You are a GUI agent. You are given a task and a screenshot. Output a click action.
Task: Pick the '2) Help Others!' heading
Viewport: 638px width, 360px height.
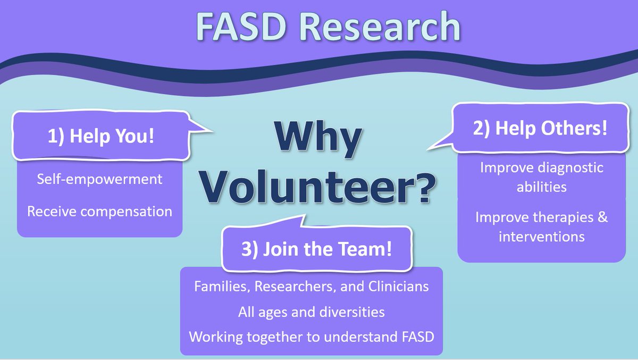(x=540, y=129)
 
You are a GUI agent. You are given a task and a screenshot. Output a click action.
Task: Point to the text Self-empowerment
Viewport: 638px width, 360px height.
(x=100, y=179)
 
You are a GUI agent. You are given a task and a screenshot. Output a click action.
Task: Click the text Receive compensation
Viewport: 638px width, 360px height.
(x=100, y=211)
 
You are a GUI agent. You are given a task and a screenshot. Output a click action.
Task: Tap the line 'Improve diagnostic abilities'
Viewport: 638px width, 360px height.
(x=541, y=177)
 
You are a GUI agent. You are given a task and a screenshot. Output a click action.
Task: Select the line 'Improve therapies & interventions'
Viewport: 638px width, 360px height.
(x=541, y=227)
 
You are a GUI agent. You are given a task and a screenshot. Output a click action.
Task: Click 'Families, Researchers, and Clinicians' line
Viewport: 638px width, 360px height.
(x=311, y=286)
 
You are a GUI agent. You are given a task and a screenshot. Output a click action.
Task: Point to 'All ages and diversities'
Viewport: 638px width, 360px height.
(x=311, y=312)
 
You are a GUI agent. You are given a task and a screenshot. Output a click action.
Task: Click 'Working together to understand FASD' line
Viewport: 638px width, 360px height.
(x=311, y=337)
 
